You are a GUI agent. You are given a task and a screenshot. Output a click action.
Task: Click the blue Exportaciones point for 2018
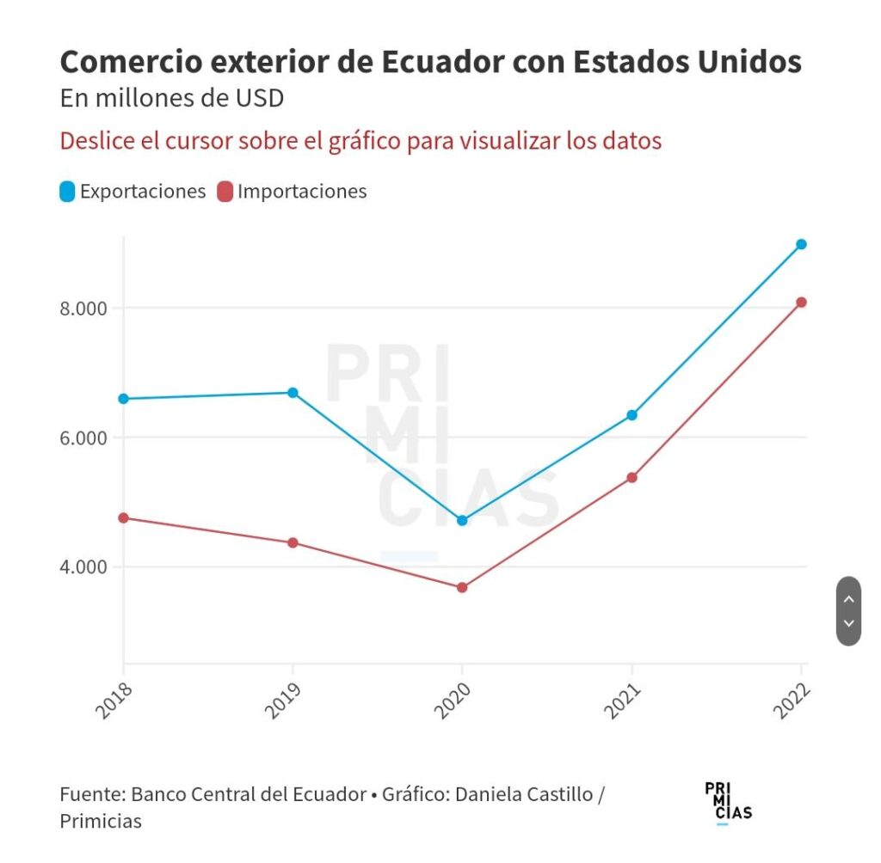coord(123,399)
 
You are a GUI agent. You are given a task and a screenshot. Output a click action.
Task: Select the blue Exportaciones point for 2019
coord(293,393)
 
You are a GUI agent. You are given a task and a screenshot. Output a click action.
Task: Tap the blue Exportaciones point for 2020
coord(462,520)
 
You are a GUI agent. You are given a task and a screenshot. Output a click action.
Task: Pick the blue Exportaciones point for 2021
coord(632,415)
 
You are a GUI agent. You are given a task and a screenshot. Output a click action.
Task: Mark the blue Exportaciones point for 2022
coord(801,244)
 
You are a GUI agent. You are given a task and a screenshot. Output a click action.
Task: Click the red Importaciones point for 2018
coord(123,517)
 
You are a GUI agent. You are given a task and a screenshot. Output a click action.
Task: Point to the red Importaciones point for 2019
coord(293,542)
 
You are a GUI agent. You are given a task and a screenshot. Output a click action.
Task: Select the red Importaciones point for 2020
coord(462,587)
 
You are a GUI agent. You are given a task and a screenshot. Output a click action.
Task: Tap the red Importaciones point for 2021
coord(632,477)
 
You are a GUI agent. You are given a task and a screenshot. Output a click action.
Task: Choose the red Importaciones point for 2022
coord(801,302)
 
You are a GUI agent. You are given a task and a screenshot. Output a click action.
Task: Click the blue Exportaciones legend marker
coord(68,192)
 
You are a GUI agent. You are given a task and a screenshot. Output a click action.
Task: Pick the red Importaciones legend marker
coord(225,192)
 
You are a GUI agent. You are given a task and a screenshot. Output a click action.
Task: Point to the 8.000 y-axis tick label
coord(83,309)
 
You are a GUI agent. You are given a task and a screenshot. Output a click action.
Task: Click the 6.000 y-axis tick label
coord(83,438)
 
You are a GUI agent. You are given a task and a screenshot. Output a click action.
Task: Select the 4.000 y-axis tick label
coord(83,567)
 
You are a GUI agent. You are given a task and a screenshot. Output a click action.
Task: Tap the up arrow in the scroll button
coord(848,599)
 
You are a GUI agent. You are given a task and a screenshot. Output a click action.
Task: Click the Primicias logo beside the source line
coord(727,803)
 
